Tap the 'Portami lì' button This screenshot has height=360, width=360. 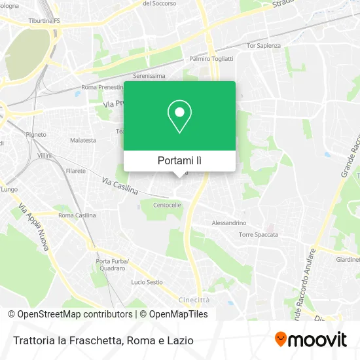click(x=179, y=160)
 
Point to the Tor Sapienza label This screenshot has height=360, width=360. click(x=263, y=46)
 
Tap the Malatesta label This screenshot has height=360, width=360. click(x=83, y=140)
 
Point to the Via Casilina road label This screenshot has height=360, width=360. click(x=120, y=185)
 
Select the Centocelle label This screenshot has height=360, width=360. click(x=166, y=205)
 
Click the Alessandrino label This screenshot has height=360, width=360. click(x=228, y=223)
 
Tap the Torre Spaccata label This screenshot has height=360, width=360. click(x=259, y=234)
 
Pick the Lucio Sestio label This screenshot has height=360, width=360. click(x=147, y=282)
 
